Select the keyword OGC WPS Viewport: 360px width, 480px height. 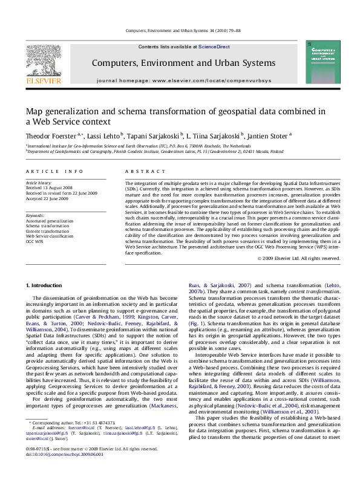point(36,241)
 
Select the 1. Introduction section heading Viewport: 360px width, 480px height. point(45,285)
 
